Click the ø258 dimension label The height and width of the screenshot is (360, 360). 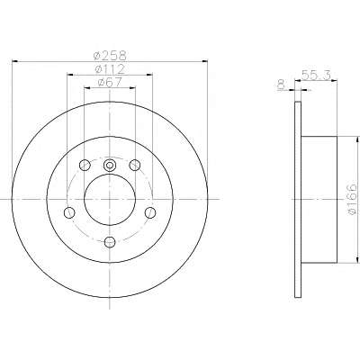(x=110, y=55)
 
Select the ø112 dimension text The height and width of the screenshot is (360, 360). (x=110, y=69)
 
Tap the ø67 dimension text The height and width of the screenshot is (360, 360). (x=110, y=82)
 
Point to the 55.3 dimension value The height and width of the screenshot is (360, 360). (x=316, y=75)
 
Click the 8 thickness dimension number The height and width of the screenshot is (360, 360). (x=281, y=85)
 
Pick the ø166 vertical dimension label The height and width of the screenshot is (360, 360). (x=352, y=199)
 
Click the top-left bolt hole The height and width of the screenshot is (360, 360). (x=85, y=165)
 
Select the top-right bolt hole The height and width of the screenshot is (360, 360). (x=135, y=165)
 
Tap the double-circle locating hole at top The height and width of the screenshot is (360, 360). (x=110, y=165)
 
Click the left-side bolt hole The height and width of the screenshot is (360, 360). (x=69, y=212)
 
